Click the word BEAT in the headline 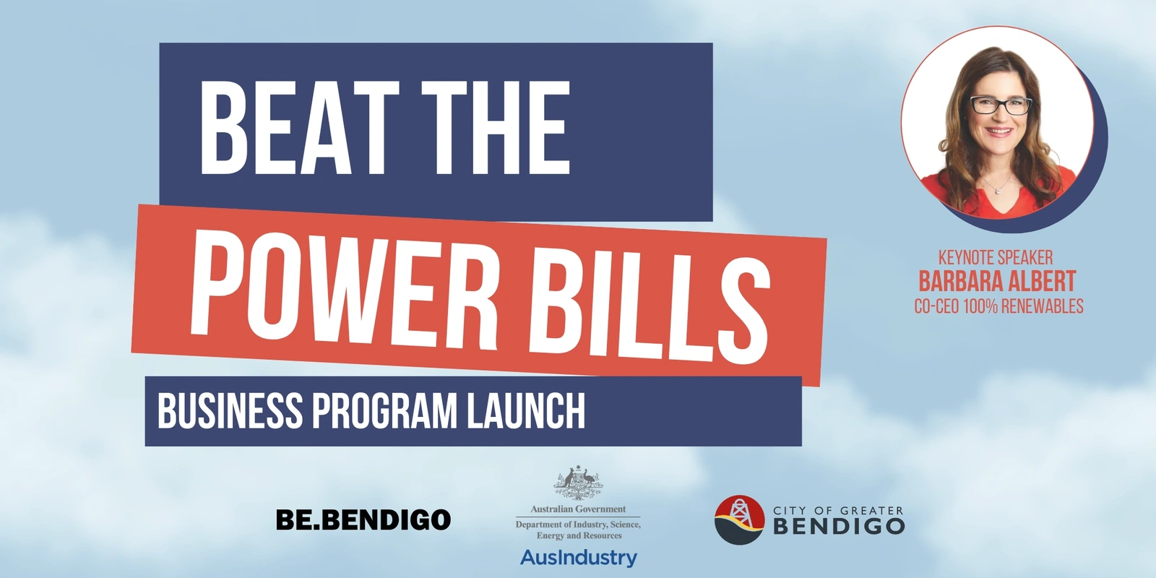click(300, 127)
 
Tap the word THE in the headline click(496, 127)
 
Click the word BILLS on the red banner click(650, 308)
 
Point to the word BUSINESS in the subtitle click(230, 411)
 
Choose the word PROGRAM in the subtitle click(384, 411)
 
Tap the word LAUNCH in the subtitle click(526, 411)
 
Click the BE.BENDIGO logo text click(363, 519)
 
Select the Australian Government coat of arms click(578, 483)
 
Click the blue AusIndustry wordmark click(579, 558)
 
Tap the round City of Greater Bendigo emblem click(739, 519)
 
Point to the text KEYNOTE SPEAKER click(996, 257)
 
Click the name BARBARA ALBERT click(997, 281)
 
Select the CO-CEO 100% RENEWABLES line click(998, 306)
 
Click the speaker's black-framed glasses click(1001, 105)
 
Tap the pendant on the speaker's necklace click(998, 191)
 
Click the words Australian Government click(578, 509)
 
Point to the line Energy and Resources click(579, 535)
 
